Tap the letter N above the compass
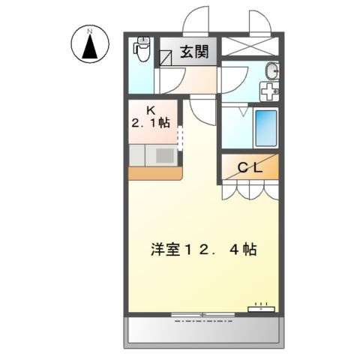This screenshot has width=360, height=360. click(90, 29)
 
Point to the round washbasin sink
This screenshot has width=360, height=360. click(272, 73)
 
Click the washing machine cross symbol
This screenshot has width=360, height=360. click(268, 91)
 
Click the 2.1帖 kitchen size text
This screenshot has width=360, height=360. click(152, 122)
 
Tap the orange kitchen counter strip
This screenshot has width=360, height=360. click(154, 173)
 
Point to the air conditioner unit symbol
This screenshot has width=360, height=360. click(262, 307)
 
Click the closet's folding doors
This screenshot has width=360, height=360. click(248, 190)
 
